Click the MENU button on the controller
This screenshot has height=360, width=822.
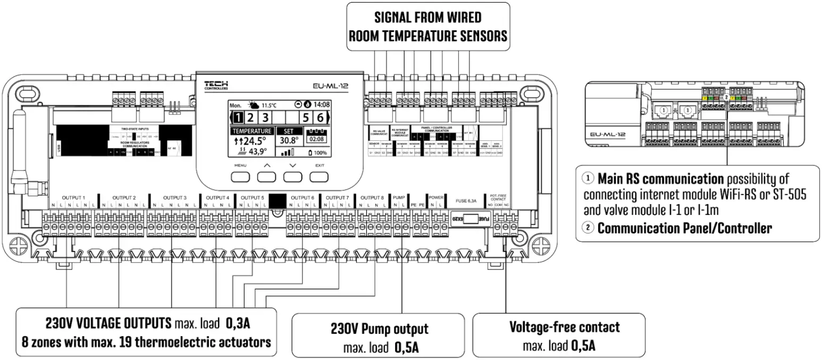[x=239, y=177]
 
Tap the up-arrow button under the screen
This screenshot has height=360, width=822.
[x=266, y=177]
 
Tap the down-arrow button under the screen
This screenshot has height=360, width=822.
[x=291, y=177]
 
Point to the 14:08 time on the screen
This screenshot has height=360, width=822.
[x=321, y=105]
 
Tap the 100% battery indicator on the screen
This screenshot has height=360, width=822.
[x=318, y=153]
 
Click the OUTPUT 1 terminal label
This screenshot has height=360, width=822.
[x=73, y=197]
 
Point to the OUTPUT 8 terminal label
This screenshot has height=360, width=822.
[x=372, y=197]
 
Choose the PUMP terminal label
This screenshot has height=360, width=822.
[x=398, y=197]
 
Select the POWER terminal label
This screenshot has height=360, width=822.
[x=436, y=197]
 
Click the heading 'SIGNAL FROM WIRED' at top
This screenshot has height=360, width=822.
[x=427, y=18]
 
